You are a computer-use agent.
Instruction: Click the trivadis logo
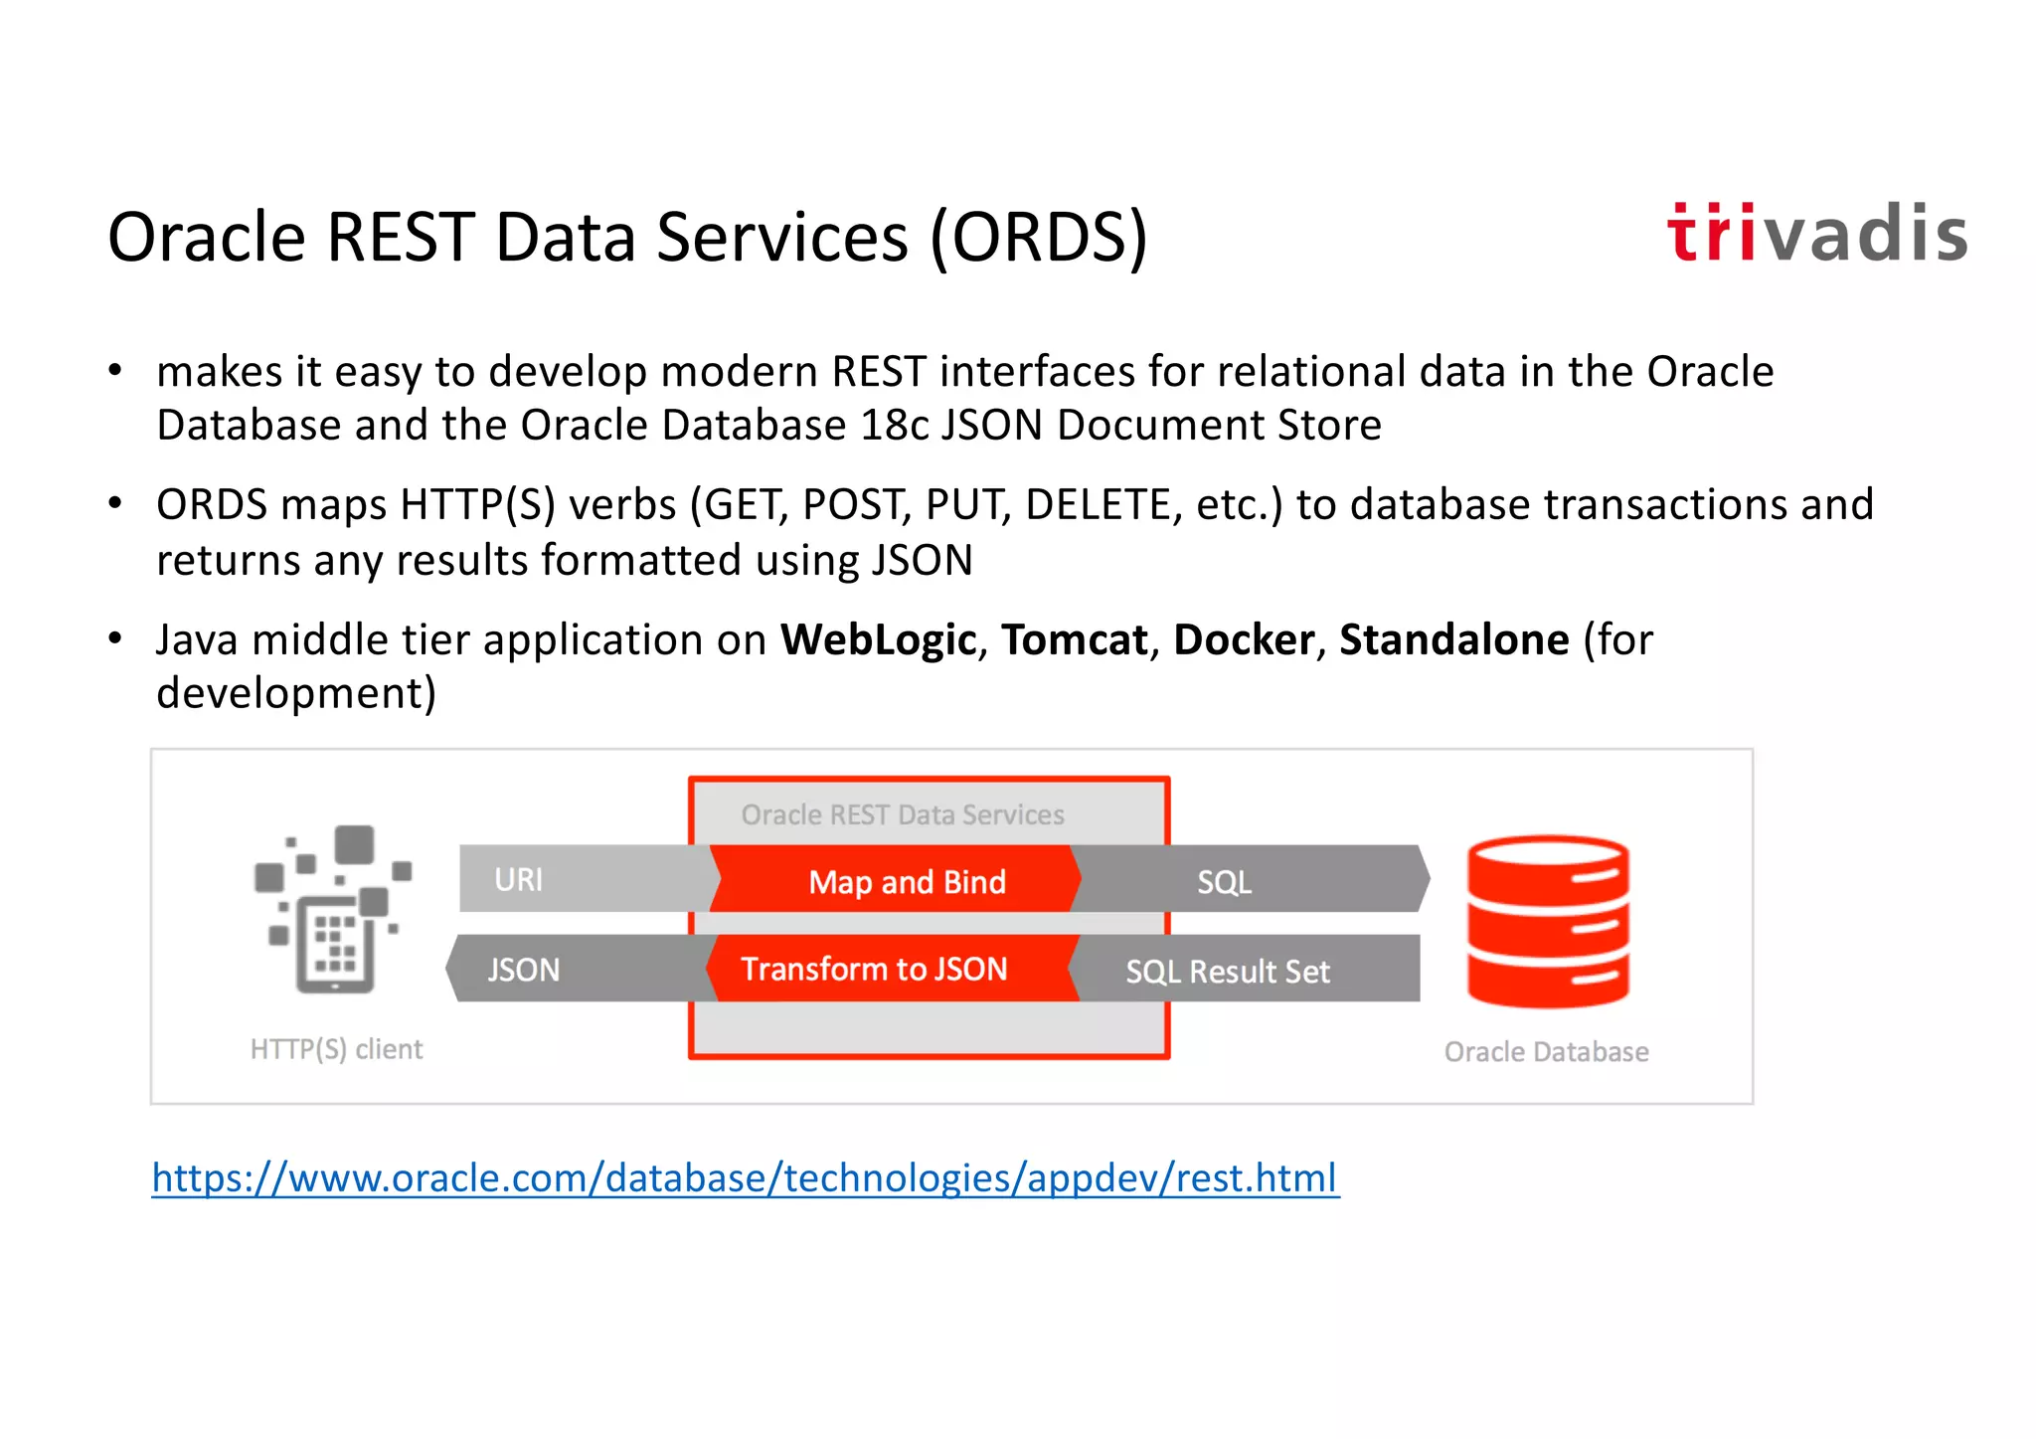pos(1816,235)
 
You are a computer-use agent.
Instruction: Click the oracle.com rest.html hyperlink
pos(746,1178)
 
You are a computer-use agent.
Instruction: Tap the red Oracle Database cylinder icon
pos(1548,921)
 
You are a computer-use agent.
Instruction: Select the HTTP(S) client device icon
pos(333,909)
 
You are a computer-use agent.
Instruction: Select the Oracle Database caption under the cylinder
pos(1546,1052)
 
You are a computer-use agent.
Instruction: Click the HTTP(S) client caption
pos(336,1049)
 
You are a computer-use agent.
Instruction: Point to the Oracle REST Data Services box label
pos(903,815)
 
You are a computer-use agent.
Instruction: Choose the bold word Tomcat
pos(1074,639)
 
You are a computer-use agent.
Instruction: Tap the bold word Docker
pos(1244,639)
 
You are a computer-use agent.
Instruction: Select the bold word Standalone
pos(1454,639)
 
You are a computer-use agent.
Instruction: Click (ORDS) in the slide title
pos(1039,239)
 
